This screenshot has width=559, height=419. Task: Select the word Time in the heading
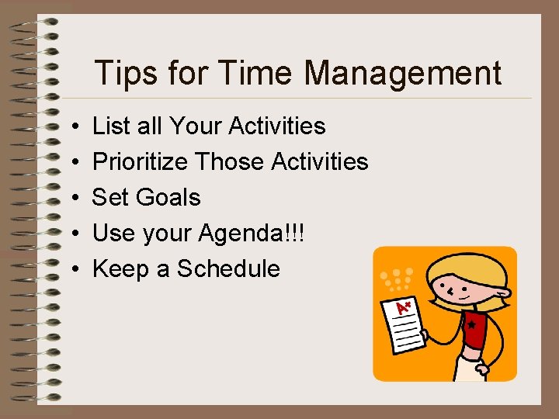click(x=257, y=74)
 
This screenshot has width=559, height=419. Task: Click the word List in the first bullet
click(x=109, y=126)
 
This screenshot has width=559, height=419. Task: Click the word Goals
click(x=168, y=197)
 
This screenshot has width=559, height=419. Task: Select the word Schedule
click(x=228, y=268)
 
